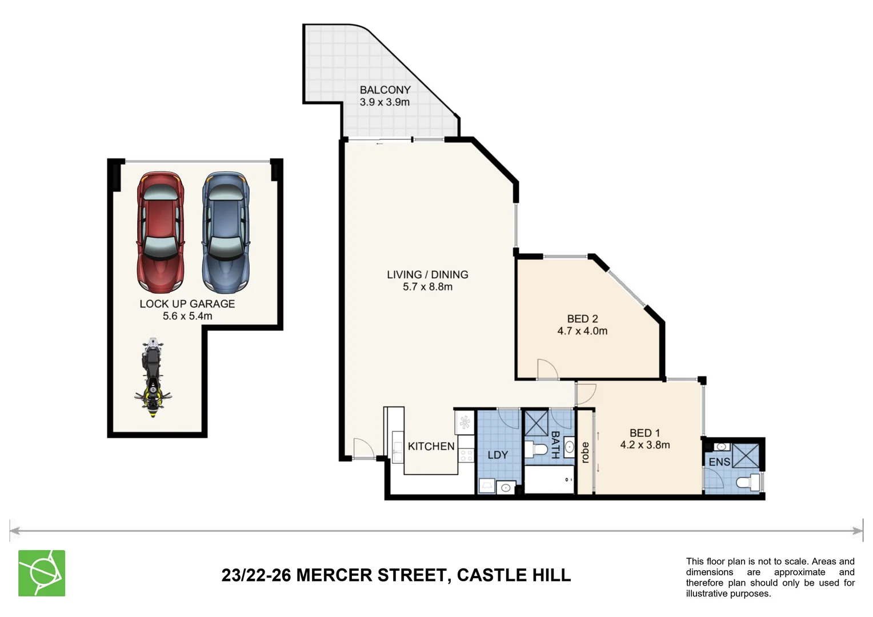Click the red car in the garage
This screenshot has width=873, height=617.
point(160,232)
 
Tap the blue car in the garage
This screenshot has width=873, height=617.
point(226,232)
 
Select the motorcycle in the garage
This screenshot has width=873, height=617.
point(153,378)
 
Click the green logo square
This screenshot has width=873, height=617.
point(42,573)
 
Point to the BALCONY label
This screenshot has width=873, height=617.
point(385,90)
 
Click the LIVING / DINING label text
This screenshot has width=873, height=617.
point(427,274)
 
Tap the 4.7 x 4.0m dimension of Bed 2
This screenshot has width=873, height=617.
point(582,331)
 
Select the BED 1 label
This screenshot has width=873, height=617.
point(644,432)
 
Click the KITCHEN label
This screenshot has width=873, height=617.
point(431,446)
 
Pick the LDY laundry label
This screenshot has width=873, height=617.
point(498,455)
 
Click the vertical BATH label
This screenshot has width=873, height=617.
point(555,444)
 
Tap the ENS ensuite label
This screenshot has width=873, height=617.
point(719,462)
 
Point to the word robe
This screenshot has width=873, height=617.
point(584,452)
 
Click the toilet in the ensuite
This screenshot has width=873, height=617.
point(748,482)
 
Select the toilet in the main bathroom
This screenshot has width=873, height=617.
point(536,450)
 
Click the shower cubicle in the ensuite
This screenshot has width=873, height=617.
point(746,455)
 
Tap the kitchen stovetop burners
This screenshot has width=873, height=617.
point(466,455)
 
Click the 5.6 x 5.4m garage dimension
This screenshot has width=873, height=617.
point(187,316)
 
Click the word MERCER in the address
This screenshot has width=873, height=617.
point(334,575)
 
